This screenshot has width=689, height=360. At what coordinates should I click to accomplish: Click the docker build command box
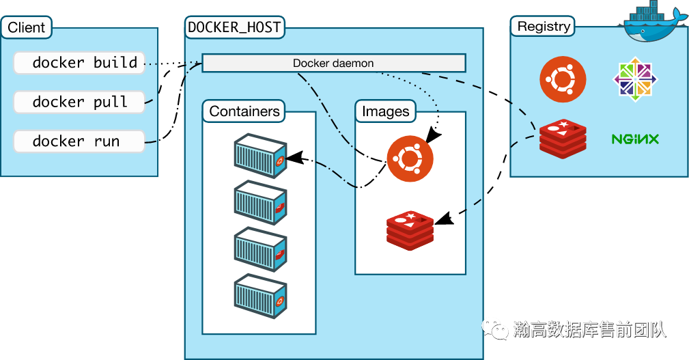(79, 63)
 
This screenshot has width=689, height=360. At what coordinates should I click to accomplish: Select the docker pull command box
(79, 102)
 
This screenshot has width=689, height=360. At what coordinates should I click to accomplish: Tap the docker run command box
(79, 142)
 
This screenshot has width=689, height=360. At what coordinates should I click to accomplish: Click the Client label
(27, 28)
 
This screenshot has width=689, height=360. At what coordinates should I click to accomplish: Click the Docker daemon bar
(333, 64)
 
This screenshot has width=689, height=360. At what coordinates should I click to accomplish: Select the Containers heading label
(244, 111)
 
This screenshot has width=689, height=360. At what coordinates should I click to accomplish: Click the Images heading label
(386, 111)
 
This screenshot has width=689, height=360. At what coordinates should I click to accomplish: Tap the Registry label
(544, 27)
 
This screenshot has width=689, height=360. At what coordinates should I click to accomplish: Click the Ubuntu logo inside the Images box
(410, 158)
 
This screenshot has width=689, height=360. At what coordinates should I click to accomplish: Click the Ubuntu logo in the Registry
(563, 79)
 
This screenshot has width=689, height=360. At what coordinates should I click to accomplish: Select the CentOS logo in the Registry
(635, 79)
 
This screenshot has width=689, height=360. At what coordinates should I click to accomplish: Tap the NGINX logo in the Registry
(635, 139)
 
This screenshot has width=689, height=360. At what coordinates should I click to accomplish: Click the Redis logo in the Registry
(563, 139)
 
